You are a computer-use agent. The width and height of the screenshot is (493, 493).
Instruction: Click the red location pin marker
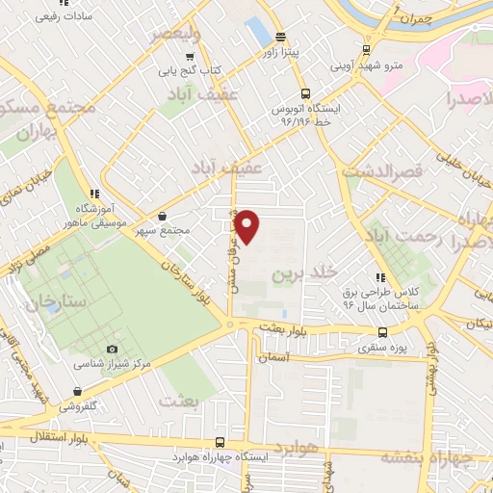tap(247, 227)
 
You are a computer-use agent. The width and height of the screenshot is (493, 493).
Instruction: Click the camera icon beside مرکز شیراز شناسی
tap(112, 349)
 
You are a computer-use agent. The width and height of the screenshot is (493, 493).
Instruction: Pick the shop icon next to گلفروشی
tap(76, 391)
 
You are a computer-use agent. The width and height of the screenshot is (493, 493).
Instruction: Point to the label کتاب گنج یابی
tap(189, 70)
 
